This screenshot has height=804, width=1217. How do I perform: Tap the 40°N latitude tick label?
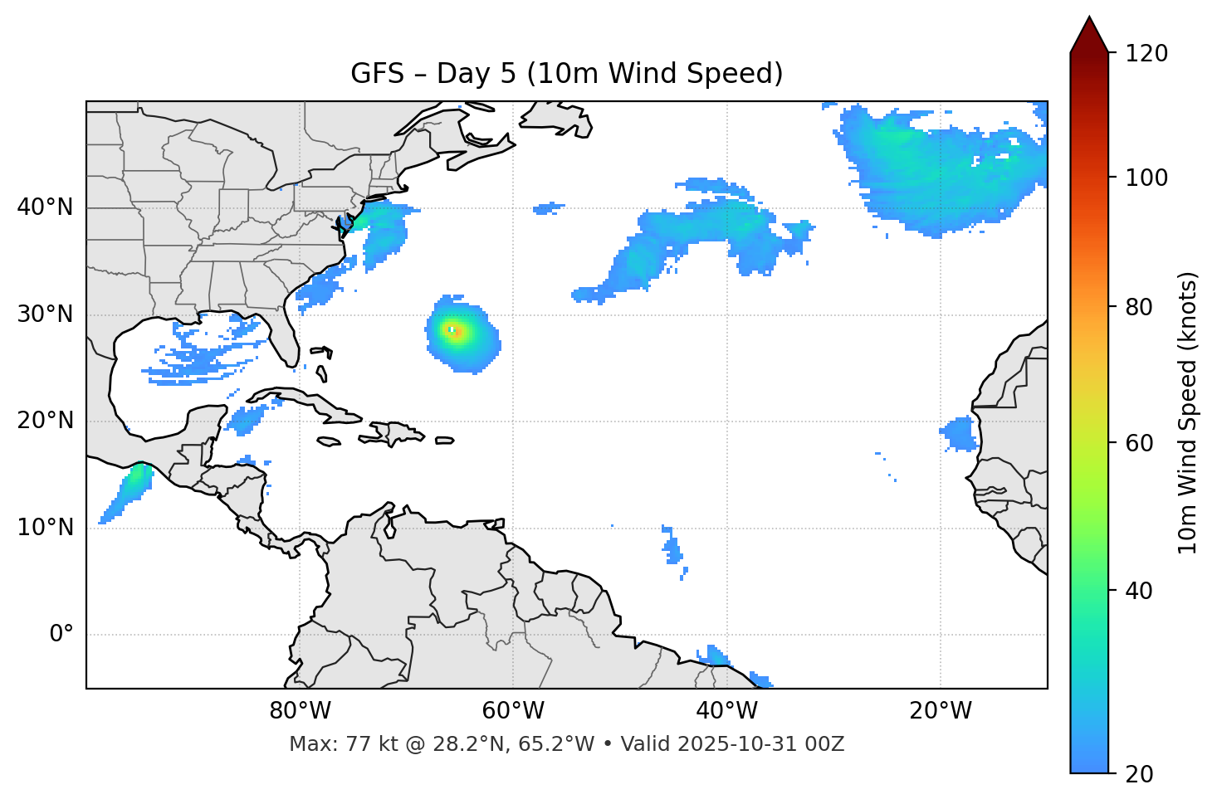[x=45, y=207]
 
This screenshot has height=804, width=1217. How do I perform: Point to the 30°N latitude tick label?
[x=45, y=314]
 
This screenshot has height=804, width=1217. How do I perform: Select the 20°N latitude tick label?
[x=45, y=421]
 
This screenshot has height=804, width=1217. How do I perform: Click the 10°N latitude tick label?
[x=45, y=528]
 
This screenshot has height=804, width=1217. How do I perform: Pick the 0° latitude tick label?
[x=61, y=635]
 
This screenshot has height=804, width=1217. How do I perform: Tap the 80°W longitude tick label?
[x=300, y=711]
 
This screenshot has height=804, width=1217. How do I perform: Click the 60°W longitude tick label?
[x=513, y=711]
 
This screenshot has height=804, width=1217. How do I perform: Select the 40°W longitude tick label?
[x=726, y=711]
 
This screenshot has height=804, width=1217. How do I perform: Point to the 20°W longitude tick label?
[x=940, y=711]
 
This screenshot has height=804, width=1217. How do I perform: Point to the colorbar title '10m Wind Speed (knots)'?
[x=1188, y=412]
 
